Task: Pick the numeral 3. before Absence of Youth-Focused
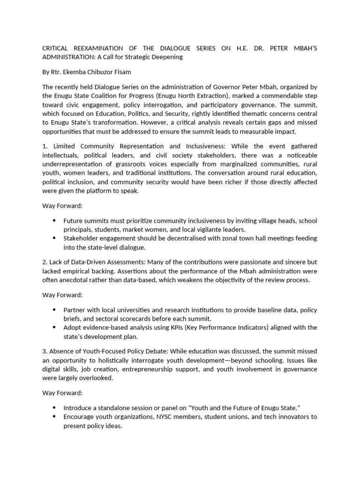click(45, 352)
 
